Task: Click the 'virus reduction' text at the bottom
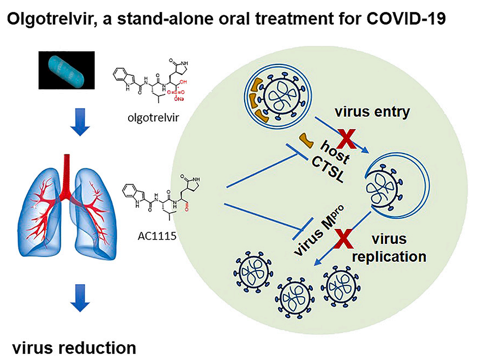click(x=75, y=346)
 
